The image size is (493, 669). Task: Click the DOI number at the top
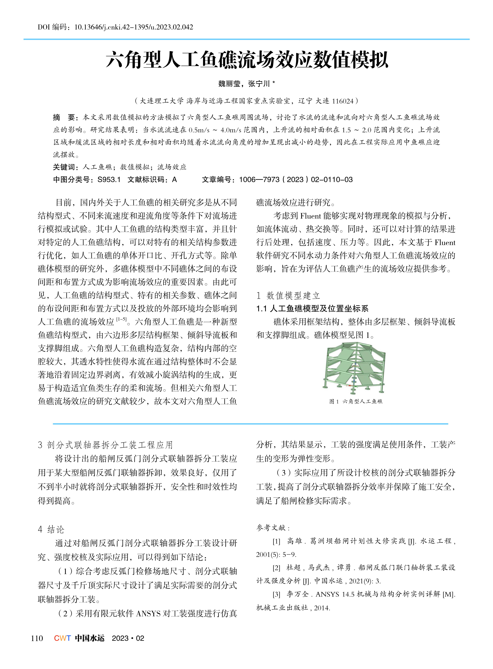pyautogui.click(x=133, y=27)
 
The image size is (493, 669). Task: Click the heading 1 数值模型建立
pyautogui.click(x=288, y=296)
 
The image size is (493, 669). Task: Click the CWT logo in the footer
pyautogui.click(x=62, y=638)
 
